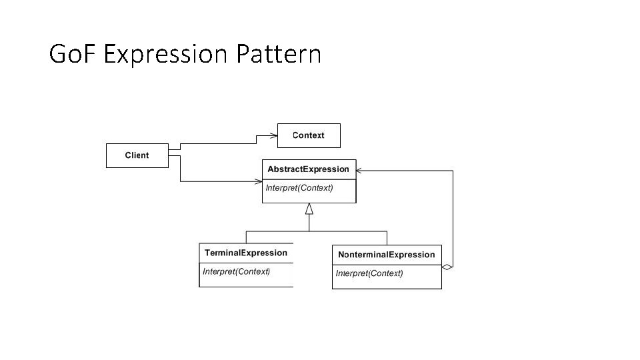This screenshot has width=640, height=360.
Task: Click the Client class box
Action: click(x=137, y=155)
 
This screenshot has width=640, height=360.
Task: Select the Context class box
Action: click(x=308, y=135)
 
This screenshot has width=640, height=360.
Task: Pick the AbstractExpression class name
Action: click(x=308, y=169)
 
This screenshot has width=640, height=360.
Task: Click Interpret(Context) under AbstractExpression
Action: click(x=299, y=188)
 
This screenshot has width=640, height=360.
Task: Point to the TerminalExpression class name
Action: click(x=246, y=253)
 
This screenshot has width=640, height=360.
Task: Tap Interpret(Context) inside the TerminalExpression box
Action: click(x=237, y=271)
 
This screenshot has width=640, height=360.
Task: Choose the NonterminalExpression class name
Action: click(x=387, y=255)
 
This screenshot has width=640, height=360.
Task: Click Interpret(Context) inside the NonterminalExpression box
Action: click(x=369, y=273)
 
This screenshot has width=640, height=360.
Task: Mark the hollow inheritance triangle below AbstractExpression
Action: click(x=309, y=209)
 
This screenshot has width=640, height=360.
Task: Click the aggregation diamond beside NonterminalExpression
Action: click(x=447, y=267)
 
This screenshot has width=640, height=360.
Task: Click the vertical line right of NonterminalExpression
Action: click(x=453, y=220)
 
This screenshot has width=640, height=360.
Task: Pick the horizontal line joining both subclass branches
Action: click(x=317, y=231)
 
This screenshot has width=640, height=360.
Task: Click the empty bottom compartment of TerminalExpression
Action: click(x=246, y=282)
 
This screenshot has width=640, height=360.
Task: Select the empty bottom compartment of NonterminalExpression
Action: click(x=387, y=283)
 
